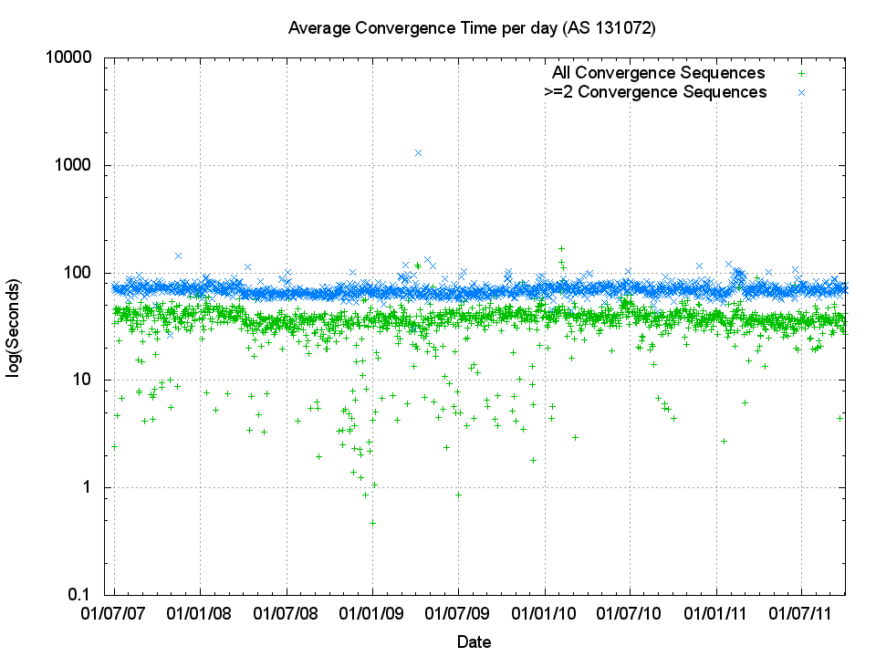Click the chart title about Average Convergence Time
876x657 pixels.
472,28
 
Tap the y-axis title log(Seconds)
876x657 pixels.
16,326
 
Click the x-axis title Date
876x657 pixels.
474,641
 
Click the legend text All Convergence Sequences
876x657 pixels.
658,73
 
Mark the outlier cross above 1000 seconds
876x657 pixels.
418,152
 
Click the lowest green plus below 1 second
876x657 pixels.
372,523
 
